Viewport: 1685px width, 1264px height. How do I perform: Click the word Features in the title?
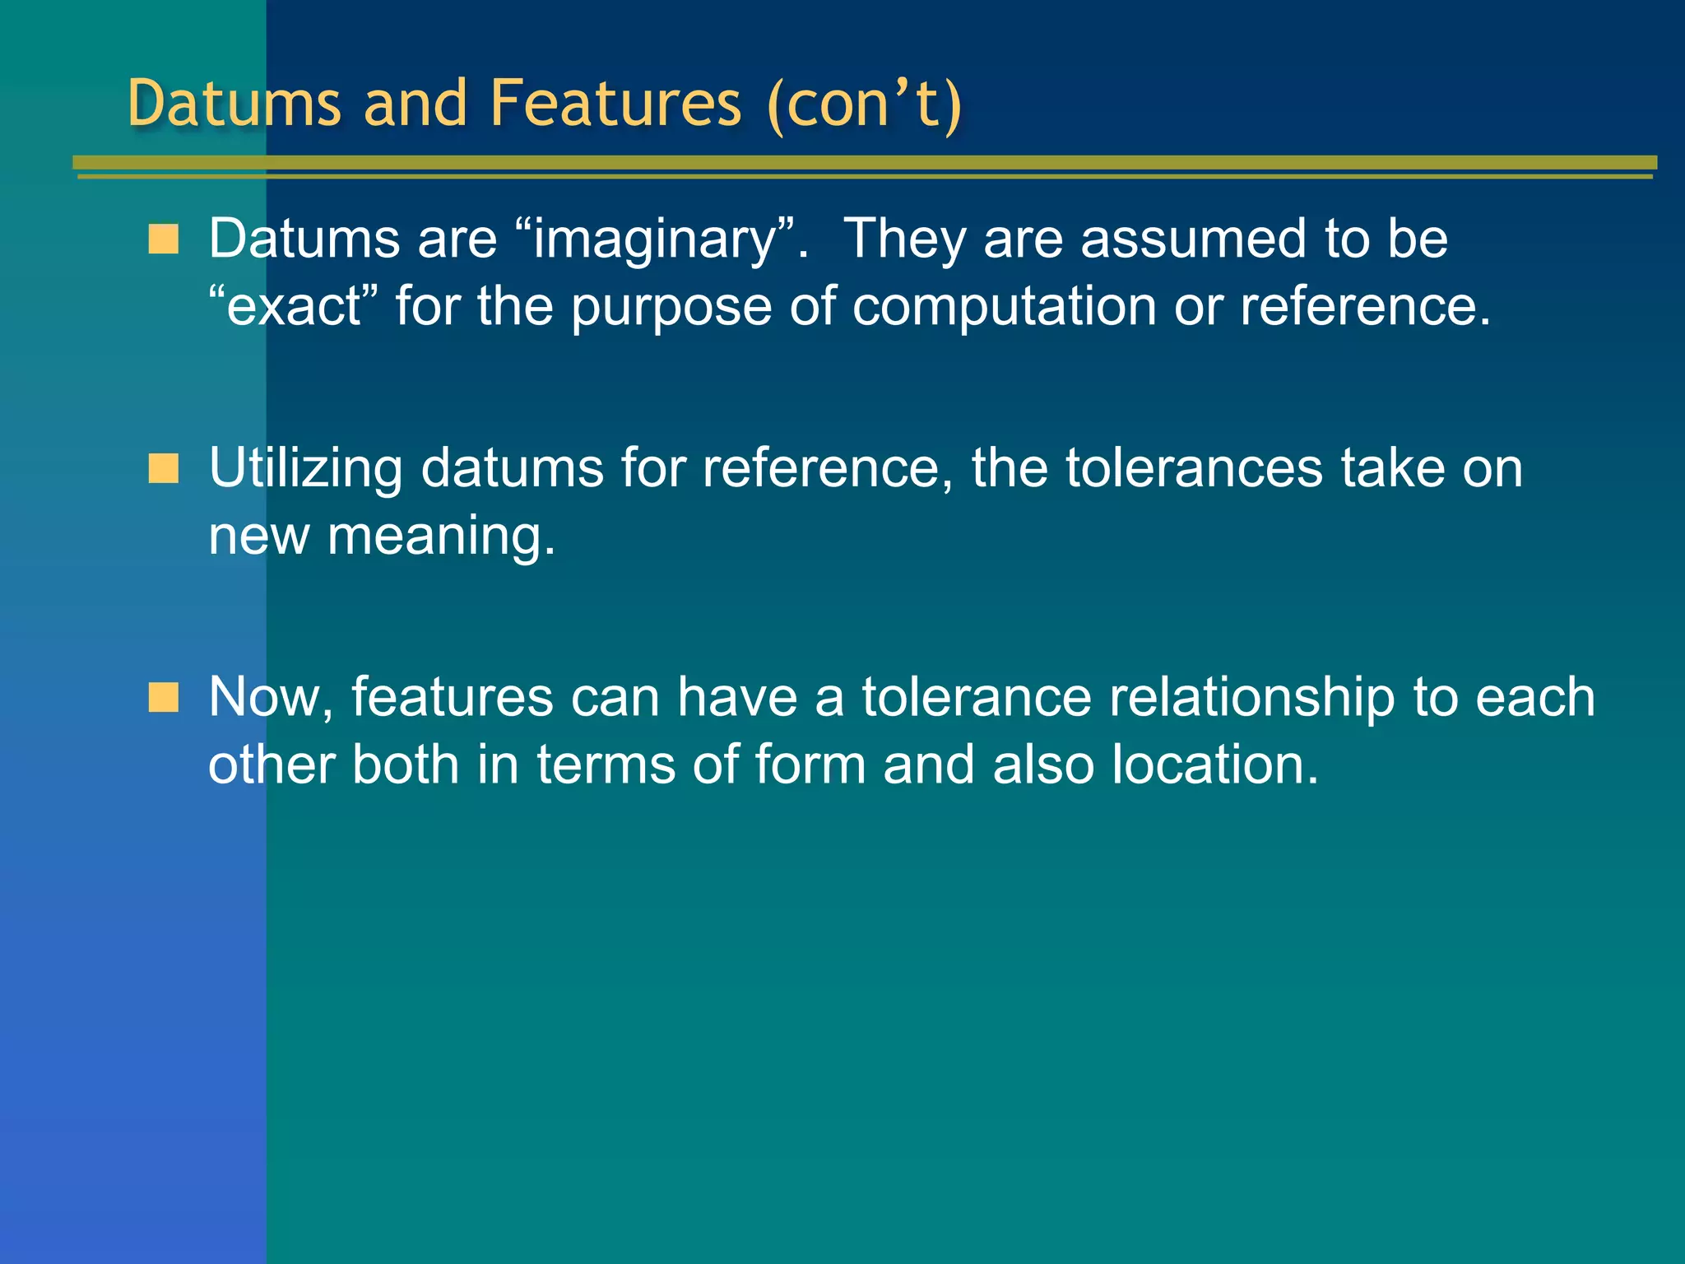pyautogui.click(x=615, y=104)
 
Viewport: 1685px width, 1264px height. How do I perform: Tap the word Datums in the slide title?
pyautogui.click(x=234, y=104)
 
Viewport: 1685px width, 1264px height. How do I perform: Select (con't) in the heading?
pyautogui.click(x=864, y=104)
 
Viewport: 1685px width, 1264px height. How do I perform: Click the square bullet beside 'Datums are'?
pyautogui.click(x=163, y=239)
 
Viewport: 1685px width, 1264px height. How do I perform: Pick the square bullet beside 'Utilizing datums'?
pyautogui.click(x=163, y=468)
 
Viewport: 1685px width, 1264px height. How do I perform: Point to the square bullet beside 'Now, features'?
pyautogui.click(x=163, y=697)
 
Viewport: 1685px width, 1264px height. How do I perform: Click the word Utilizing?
pyautogui.click(x=305, y=469)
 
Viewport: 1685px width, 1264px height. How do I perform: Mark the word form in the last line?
pyautogui.click(x=810, y=764)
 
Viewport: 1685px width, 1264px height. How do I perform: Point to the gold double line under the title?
pyautogui.click(x=864, y=166)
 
